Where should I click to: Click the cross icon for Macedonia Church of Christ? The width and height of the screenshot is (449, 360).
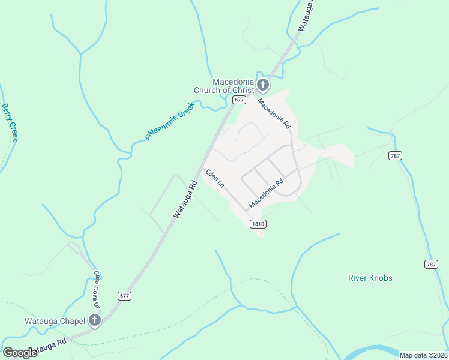point(262,84)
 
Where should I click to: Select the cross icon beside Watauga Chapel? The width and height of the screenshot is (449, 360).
point(94,320)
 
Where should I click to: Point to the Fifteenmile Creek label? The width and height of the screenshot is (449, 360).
point(170,121)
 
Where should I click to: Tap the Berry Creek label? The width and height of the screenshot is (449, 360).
point(11,122)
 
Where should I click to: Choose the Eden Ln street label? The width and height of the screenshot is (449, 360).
point(214,178)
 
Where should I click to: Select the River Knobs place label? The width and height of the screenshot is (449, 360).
point(370,278)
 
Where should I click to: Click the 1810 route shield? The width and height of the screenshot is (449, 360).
point(258,224)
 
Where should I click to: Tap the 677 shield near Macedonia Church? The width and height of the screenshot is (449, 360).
point(240,100)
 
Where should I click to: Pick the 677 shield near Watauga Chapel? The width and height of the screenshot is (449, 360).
point(124,295)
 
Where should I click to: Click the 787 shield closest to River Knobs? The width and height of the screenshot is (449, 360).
point(431,264)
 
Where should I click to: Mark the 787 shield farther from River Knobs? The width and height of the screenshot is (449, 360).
point(394,155)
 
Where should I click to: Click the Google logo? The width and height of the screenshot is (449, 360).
point(19,352)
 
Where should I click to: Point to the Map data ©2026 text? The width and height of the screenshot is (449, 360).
point(423,355)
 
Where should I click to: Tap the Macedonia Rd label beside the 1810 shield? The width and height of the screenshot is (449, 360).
point(266,195)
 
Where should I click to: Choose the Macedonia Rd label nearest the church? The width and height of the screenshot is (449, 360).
point(274,114)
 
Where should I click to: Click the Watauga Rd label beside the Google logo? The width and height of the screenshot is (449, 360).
point(47,347)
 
